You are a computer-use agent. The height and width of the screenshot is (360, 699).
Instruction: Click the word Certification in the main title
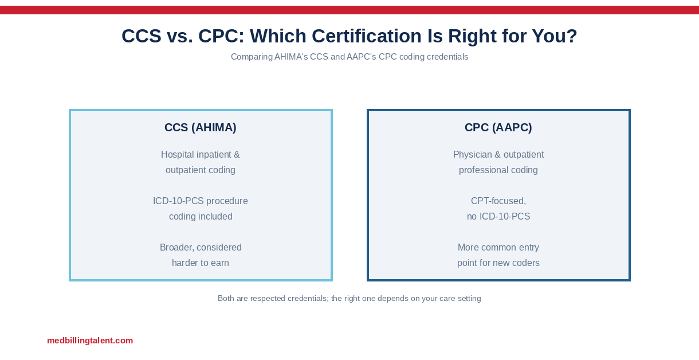point(367,36)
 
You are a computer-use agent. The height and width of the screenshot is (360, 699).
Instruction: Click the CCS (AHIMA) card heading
point(201,127)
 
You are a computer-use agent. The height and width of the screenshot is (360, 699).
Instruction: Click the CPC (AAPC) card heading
point(498,127)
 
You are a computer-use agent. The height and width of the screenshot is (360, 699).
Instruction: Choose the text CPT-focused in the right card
point(498,201)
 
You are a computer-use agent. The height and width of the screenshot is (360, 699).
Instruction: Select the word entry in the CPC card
point(529,247)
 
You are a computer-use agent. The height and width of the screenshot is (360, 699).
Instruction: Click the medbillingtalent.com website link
point(90,341)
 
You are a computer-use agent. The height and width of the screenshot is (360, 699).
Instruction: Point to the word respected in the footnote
point(268,299)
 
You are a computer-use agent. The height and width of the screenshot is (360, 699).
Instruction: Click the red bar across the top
point(349,10)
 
